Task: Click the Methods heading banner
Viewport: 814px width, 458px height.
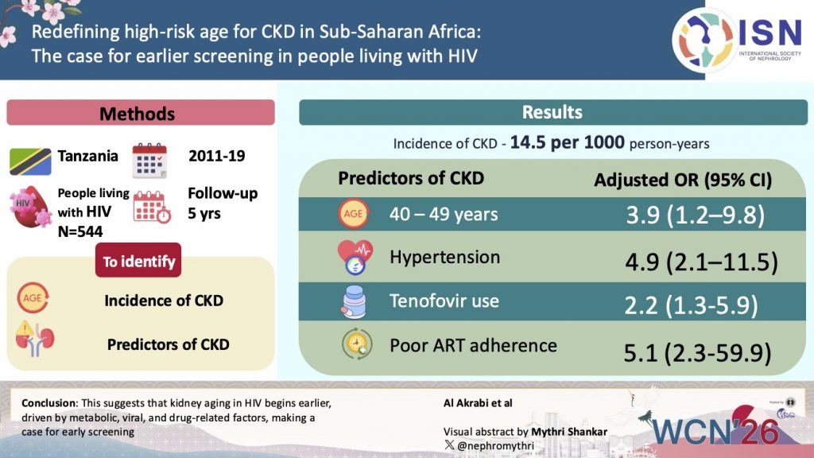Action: pyautogui.click(x=141, y=114)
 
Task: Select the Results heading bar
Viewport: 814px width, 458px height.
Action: pyautogui.click(x=552, y=112)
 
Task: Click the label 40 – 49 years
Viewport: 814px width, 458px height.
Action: pyautogui.click(x=444, y=215)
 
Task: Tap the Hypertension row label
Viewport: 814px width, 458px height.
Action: pyautogui.click(x=444, y=258)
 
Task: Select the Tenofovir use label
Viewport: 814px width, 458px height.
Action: pyautogui.click(x=444, y=301)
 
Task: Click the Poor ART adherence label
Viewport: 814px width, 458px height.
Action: pyautogui.click(x=473, y=345)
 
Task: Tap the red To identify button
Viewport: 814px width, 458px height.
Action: pyautogui.click(x=138, y=261)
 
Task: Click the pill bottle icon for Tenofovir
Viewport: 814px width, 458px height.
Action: pyautogui.click(x=353, y=303)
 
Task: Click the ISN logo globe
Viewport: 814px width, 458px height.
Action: pyautogui.click(x=703, y=39)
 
